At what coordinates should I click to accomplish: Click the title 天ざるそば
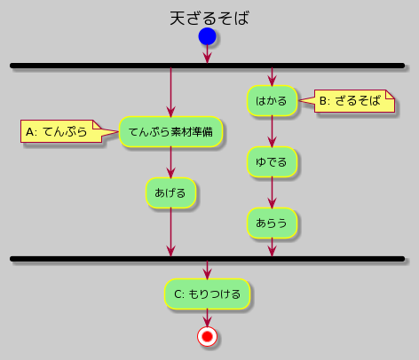(209, 18)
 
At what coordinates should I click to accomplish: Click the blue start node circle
(207, 36)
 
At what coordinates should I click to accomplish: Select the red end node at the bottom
(207, 337)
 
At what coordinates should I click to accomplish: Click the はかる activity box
(272, 102)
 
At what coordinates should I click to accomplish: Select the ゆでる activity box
(272, 162)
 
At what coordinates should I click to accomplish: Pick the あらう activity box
(272, 223)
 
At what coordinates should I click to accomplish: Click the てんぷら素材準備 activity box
(170, 132)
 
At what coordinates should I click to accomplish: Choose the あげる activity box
(170, 192)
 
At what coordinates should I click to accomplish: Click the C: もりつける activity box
(207, 293)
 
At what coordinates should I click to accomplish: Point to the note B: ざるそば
(348, 102)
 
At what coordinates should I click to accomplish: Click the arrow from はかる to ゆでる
(272, 132)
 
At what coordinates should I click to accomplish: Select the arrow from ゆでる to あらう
(272, 192)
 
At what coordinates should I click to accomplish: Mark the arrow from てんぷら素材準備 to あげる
(170, 163)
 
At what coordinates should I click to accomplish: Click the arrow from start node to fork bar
(207, 54)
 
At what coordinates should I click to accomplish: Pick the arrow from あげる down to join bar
(170, 232)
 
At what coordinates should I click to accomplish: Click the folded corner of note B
(389, 94)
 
